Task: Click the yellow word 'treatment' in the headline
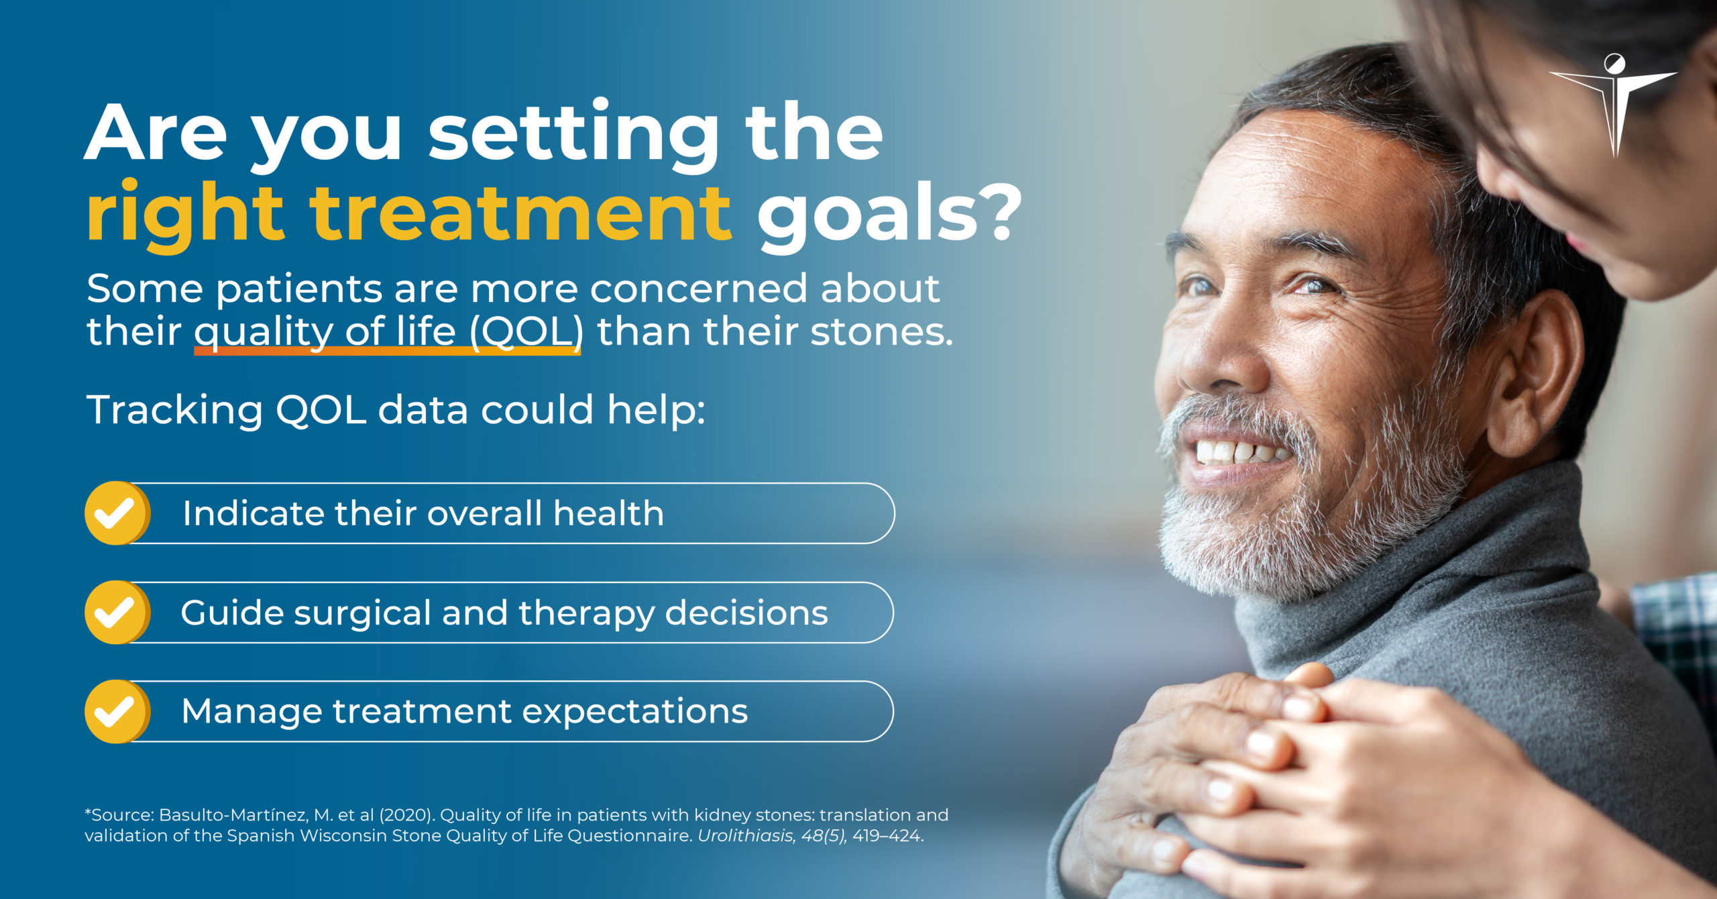click(520, 213)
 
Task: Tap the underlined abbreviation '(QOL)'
click(525, 331)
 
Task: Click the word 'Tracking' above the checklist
click(174, 410)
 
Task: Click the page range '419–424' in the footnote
click(887, 837)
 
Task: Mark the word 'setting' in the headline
click(573, 134)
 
